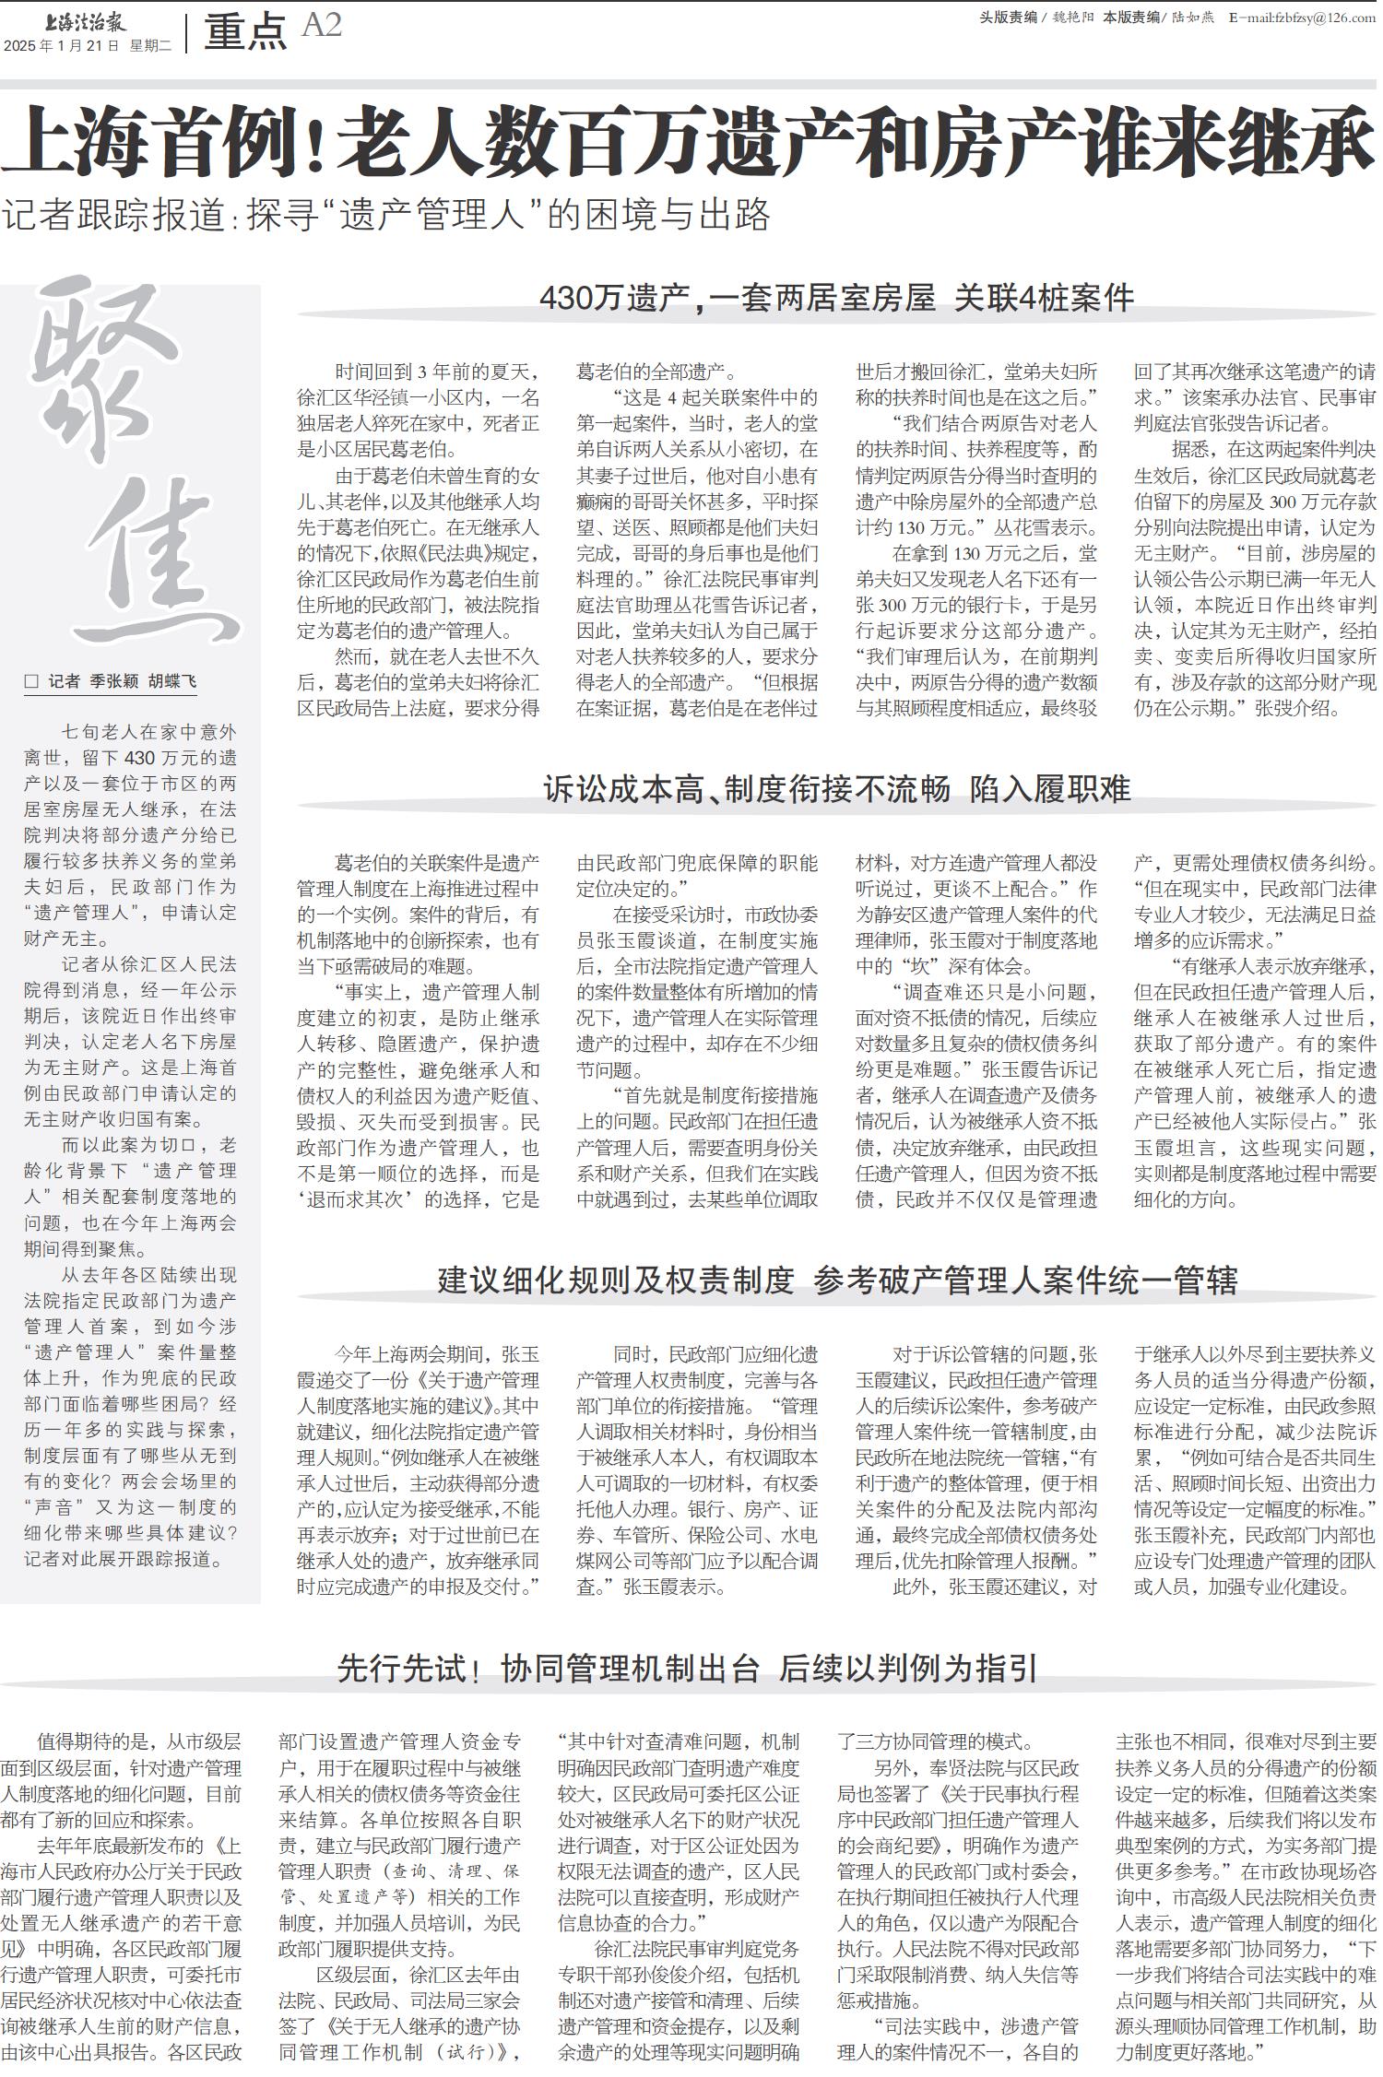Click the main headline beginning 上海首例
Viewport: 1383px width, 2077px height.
click(x=688, y=141)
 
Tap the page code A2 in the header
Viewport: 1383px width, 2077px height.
click(x=322, y=25)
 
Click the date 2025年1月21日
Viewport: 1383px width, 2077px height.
click(x=63, y=45)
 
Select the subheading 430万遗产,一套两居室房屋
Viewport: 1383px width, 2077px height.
click(x=738, y=298)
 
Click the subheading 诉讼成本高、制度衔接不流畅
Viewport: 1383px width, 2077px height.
click(x=747, y=789)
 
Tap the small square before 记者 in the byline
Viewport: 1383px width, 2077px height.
click(x=32, y=681)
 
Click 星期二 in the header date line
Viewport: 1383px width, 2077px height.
click(x=150, y=45)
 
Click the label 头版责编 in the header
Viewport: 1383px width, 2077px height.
click(x=1008, y=18)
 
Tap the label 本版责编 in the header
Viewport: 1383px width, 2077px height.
click(x=1131, y=18)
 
